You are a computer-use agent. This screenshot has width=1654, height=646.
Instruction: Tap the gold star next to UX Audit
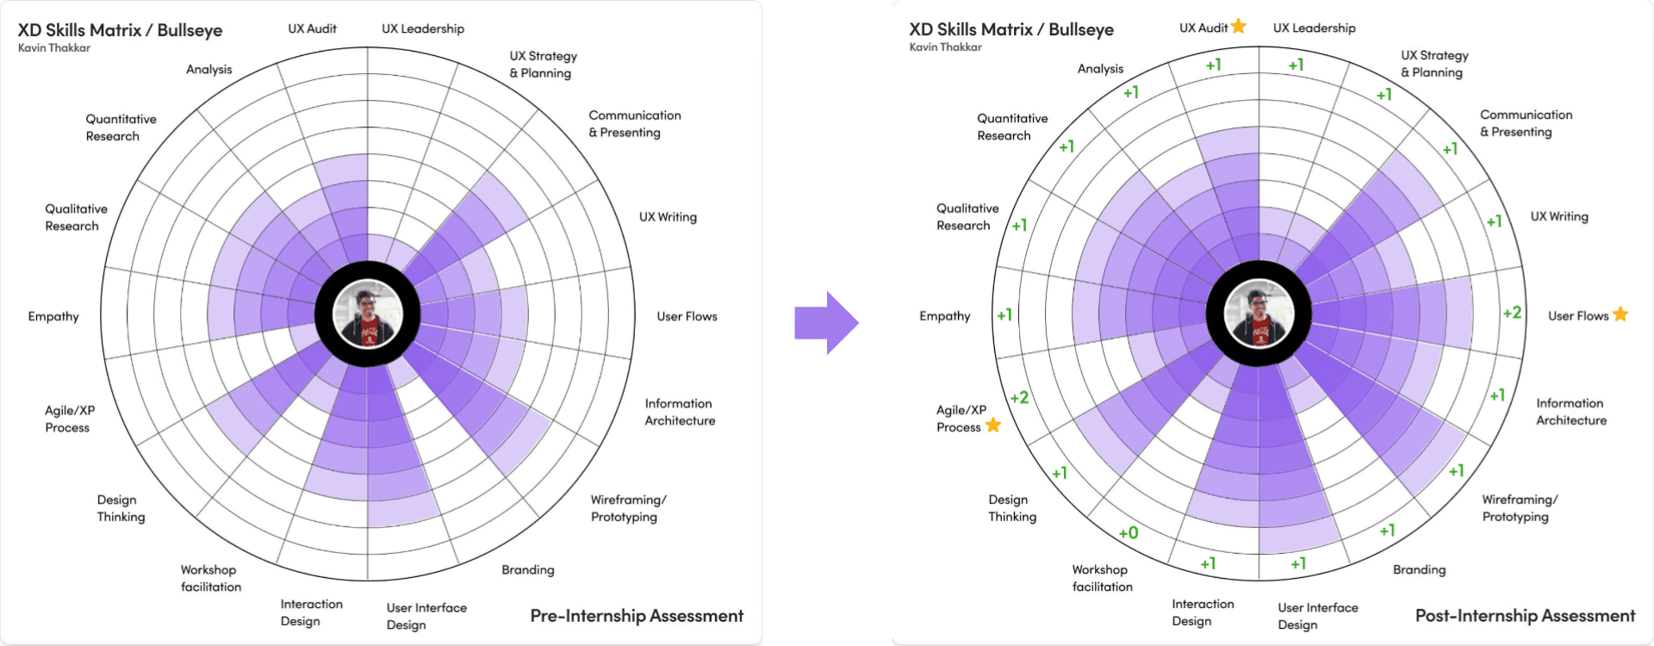(1239, 27)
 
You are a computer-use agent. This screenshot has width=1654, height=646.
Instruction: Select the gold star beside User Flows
(1620, 314)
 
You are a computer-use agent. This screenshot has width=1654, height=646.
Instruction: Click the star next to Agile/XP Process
(993, 425)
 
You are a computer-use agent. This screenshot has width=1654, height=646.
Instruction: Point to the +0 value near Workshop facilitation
(1129, 533)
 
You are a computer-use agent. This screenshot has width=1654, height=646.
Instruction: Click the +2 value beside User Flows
(1512, 313)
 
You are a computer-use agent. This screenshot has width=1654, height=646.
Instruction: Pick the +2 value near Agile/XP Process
(1019, 397)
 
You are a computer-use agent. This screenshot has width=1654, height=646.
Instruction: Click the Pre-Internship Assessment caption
(637, 616)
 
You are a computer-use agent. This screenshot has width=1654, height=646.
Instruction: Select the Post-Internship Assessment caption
(1525, 616)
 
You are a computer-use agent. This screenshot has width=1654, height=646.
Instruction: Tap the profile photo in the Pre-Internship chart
(368, 314)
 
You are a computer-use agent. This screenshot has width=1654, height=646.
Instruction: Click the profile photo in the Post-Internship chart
(1259, 314)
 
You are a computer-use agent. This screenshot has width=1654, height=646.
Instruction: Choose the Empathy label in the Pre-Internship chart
(53, 316)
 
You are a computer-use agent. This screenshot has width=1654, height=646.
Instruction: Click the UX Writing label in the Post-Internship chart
(1559, 216)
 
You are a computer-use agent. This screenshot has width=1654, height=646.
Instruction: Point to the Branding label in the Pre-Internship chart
(528, 569)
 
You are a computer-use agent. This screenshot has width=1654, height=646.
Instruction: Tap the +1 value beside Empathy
(1004, 315)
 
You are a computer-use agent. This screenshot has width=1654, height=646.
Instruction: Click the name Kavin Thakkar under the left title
(54, 48)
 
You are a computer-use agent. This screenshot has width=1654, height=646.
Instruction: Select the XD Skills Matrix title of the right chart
(1011, 29)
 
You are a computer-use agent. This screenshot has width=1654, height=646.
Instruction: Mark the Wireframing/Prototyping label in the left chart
(628, 508)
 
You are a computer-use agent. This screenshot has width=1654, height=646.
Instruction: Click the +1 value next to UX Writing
(1494, 221)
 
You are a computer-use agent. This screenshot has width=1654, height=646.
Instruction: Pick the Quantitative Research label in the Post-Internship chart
(1012, 127)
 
